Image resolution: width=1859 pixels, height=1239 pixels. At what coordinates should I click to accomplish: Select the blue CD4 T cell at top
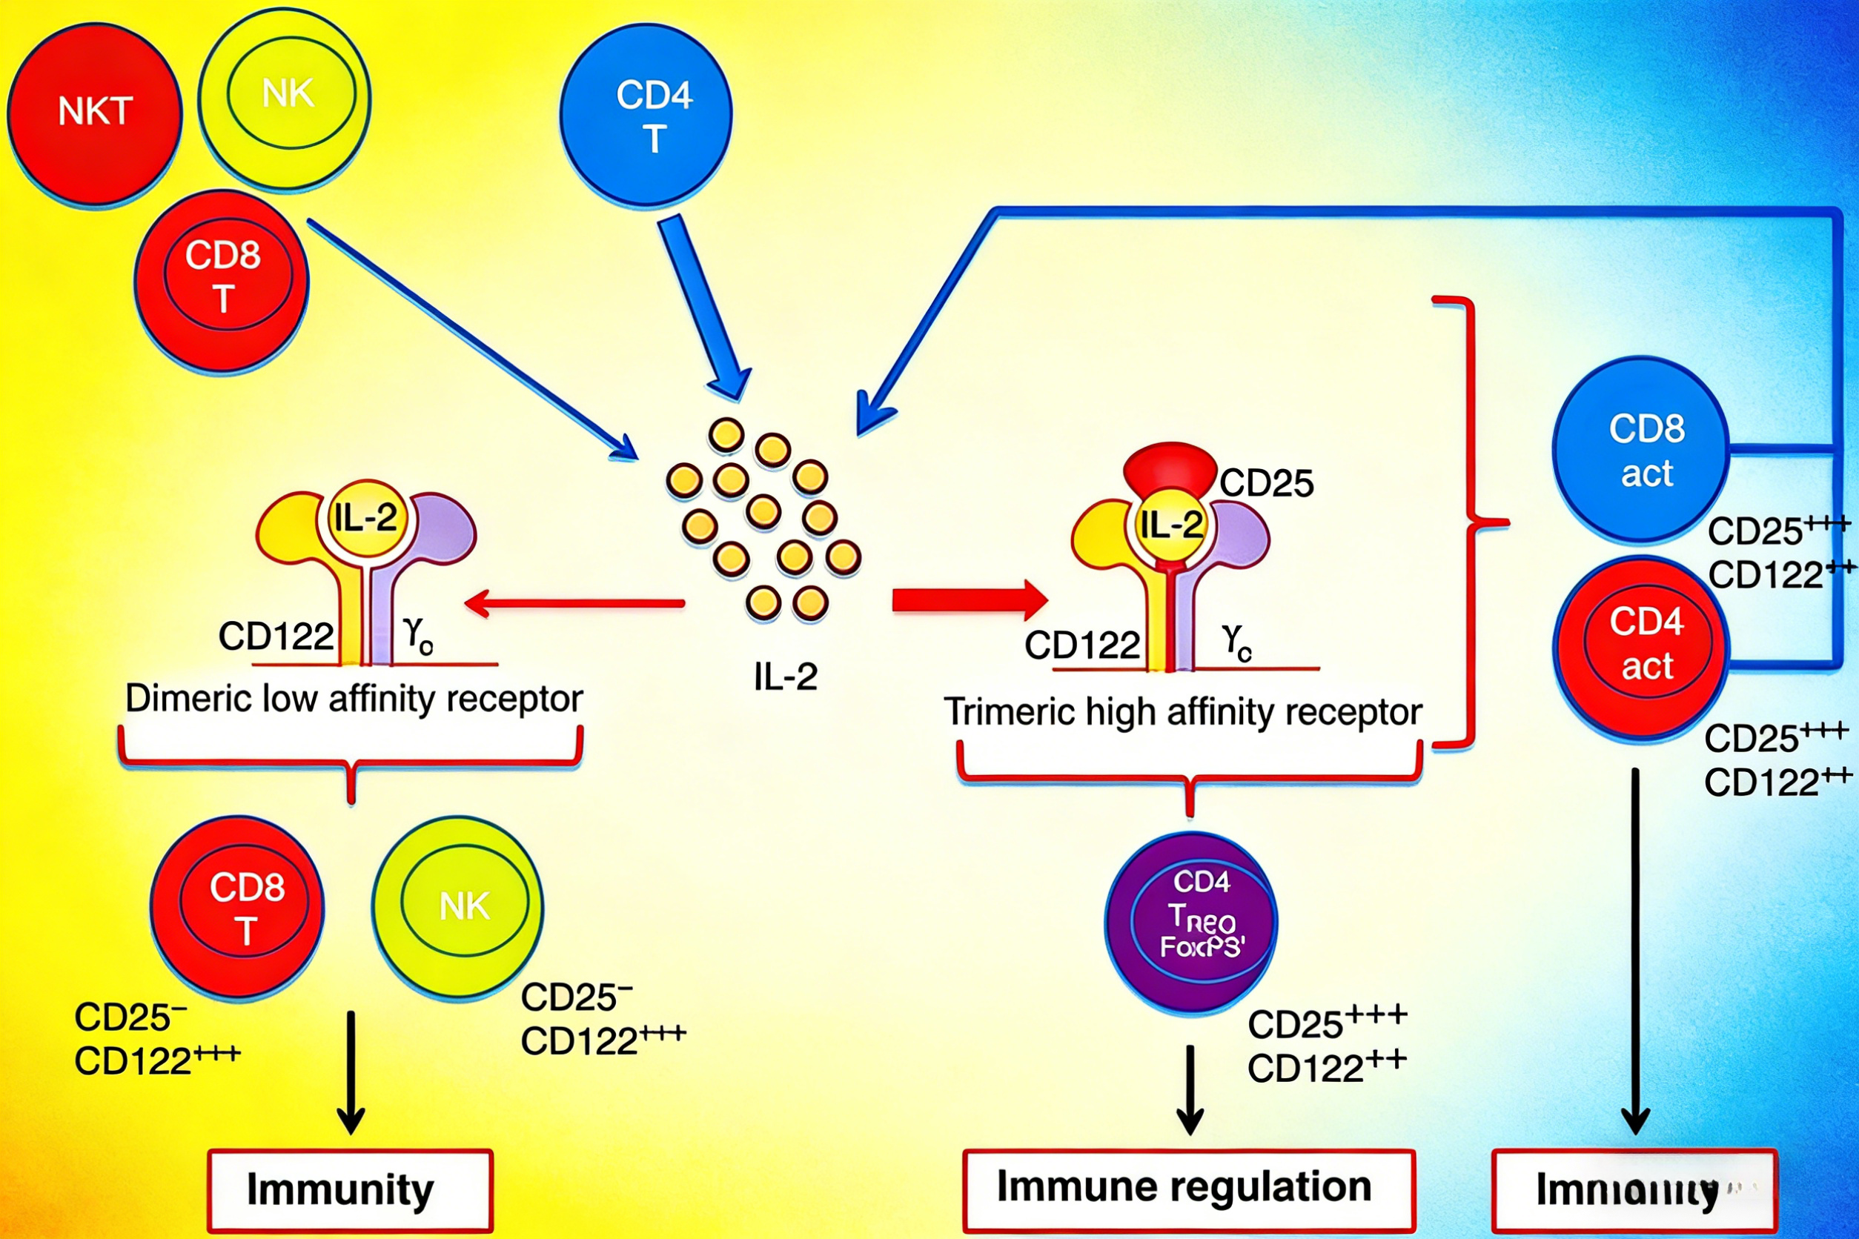(646, 116)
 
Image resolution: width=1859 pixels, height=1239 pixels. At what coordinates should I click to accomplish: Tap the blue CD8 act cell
(1641, 451)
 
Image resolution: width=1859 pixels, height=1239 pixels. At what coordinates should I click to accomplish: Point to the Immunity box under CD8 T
(350, 1190)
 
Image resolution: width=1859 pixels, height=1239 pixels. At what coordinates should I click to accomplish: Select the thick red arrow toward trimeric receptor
(969, 600)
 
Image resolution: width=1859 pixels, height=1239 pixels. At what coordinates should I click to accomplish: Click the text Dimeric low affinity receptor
(354, 699)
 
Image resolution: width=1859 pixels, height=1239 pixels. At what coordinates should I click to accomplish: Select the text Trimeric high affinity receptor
(1183, 712)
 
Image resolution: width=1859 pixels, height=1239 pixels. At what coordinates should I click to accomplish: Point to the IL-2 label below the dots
(785, 677)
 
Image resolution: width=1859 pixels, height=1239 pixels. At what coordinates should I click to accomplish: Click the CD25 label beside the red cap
(1266, 483)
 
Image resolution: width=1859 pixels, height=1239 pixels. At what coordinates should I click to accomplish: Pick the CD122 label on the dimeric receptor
(276, 636)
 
